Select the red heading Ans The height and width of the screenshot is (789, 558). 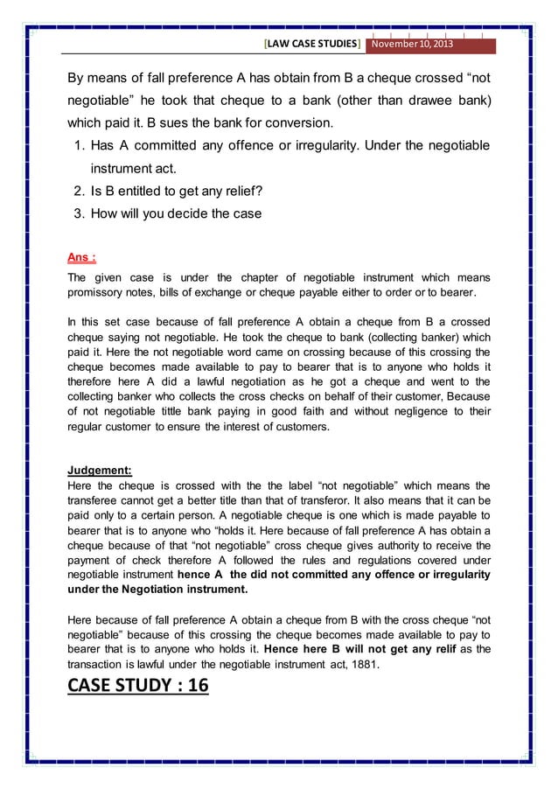coord(81,257)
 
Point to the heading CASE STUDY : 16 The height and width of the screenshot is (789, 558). coord(138,684)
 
